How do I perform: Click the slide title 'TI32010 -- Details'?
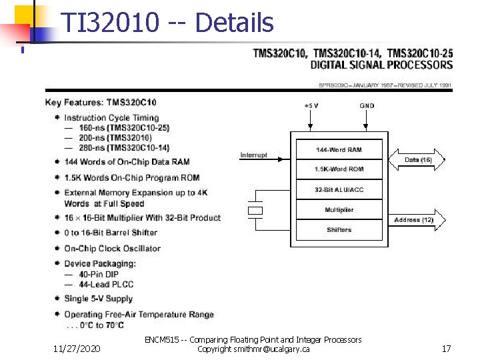coord(167,23)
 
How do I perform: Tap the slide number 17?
coord(446,348)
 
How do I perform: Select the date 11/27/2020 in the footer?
coord(77,348)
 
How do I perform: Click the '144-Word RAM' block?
coord(339,149)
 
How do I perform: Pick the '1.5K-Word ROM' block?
coord(339,169)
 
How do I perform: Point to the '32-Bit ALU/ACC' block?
coord(339,190)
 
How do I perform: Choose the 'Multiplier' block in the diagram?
coord(339,210)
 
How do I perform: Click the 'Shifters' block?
coord(339,230)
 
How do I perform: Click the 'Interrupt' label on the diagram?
coord(254,155)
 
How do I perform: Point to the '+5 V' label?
coord(311,105)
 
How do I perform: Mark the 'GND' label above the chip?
coord(367,105)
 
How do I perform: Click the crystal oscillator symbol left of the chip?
coord(255,210)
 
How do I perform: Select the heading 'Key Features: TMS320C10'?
coord(101,103)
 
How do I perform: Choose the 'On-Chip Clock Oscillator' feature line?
coord(112,249)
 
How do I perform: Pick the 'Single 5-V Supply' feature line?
coord(98,299)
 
